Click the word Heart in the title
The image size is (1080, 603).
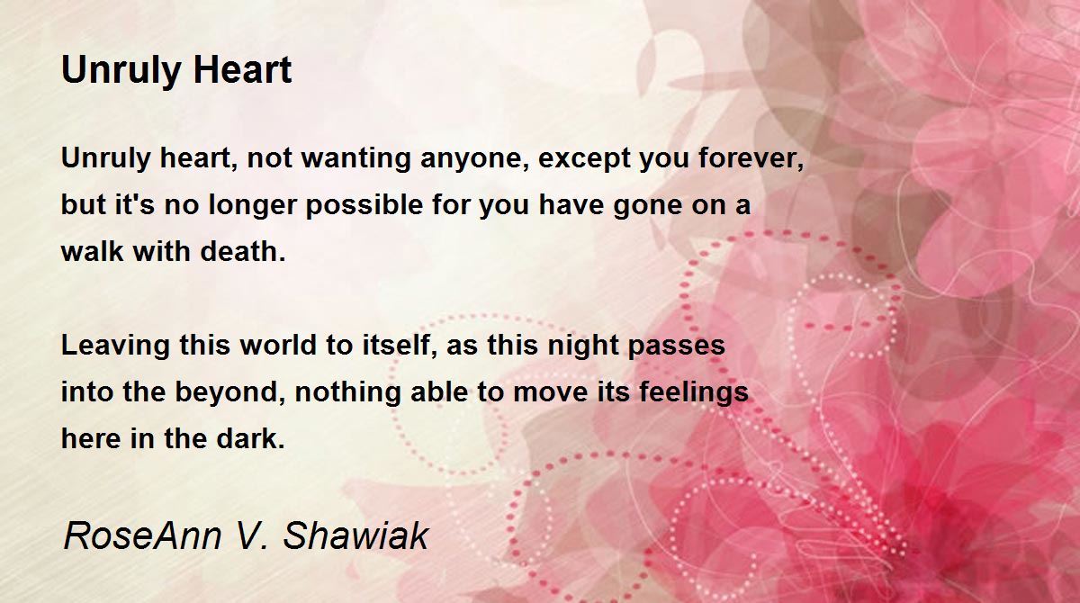(x=242, y=70)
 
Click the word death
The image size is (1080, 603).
(x=242, y=251)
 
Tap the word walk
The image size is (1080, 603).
(x=92, y=251)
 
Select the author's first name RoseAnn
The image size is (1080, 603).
(x=142, y=536)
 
